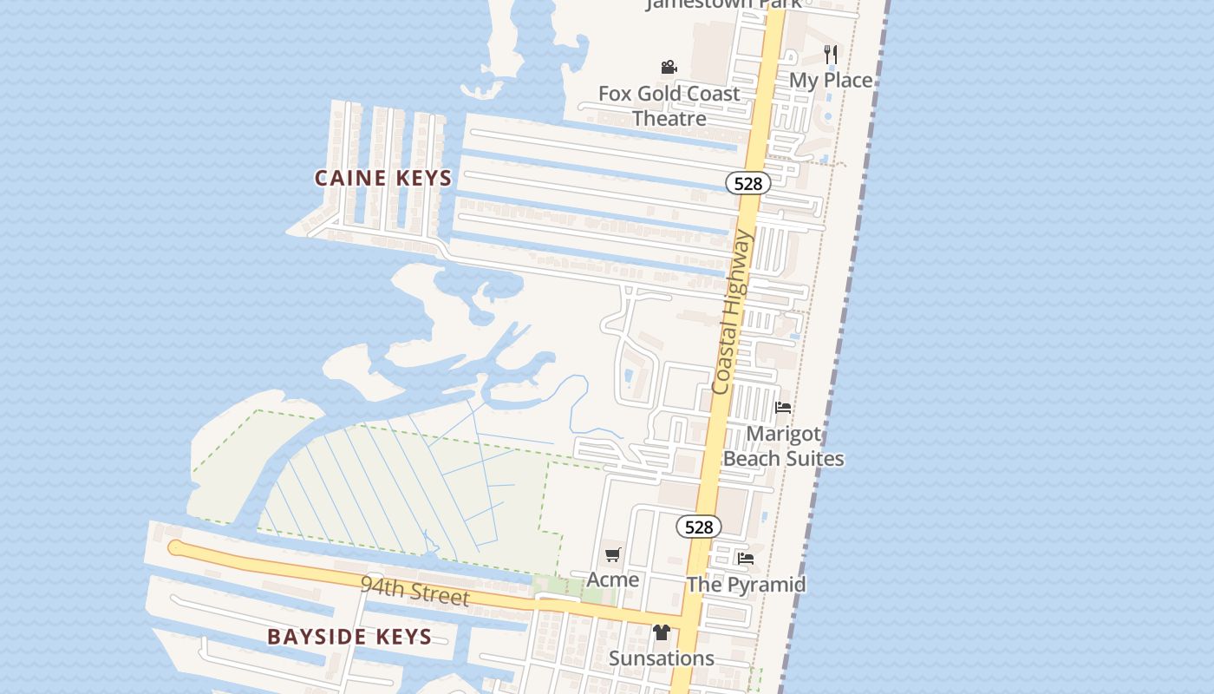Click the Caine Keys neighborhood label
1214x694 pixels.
[x=382, y=179]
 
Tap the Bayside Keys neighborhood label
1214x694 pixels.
[x=349, y=637]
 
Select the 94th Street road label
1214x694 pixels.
[x=414, y=592]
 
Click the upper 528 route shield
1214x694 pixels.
[x=747, y=183]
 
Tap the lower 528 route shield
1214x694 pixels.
[x=698, y=527]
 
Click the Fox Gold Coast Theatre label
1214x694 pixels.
[x=669, y=106]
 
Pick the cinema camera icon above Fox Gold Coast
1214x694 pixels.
[x=669, y=67]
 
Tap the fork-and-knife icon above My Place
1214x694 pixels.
[x=830, y=54]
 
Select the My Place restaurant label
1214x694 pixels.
[x=830, y=80]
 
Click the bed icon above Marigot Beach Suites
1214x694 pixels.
[x=783, y=407]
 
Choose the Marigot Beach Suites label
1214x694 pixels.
[x=783, y=446]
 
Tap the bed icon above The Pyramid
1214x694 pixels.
[x=746, y=559]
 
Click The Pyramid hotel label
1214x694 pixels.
[x=746, y=585]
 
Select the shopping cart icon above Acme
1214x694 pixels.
[x=613, y=554]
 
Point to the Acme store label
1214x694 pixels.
[x=613, y=579]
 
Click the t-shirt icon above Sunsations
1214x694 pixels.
[x=662, y=632]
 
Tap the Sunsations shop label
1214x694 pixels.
[x=662, y=658]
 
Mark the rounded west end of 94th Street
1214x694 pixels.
[x=176, y=547]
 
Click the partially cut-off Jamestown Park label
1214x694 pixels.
[x=723, y=4]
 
